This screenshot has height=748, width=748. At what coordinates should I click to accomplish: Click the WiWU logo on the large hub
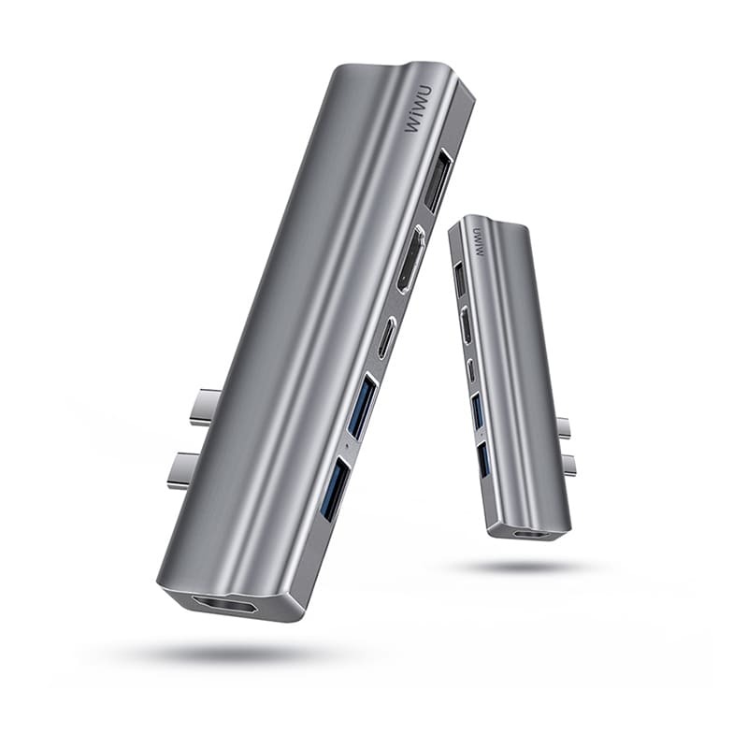coord(418,109)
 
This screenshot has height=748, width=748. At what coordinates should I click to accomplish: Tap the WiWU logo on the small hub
coord(478,241)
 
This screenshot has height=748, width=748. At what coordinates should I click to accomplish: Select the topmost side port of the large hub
coord(438,180)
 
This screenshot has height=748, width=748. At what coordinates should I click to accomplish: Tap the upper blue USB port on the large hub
coord(362,406)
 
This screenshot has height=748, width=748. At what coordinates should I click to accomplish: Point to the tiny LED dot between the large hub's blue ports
coord(346,447)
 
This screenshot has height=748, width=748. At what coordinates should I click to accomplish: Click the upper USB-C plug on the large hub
coord(204,407)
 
